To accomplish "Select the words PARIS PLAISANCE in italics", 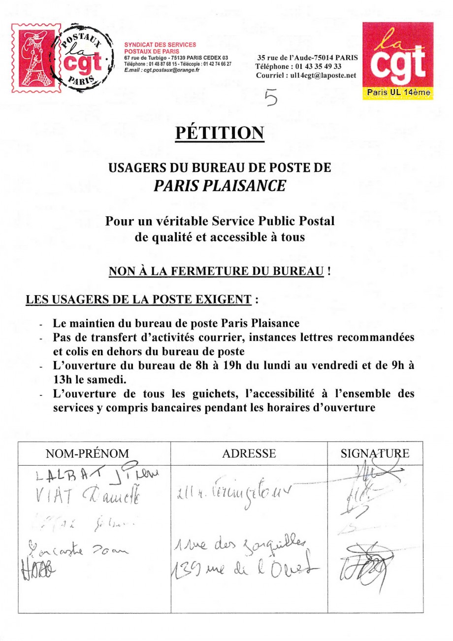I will [x=220, y=185].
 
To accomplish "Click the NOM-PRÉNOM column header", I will [x=94, y=453].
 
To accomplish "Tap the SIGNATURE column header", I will [x=375, y=453].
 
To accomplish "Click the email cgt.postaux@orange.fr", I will [x=162, y=70].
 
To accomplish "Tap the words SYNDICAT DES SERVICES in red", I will [x=160, y=44].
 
